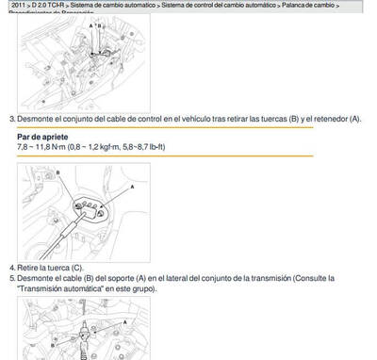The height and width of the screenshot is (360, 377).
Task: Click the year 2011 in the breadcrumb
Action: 18,6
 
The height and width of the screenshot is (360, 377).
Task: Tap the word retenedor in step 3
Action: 332,119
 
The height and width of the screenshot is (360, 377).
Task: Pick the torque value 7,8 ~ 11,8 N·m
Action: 42,147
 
